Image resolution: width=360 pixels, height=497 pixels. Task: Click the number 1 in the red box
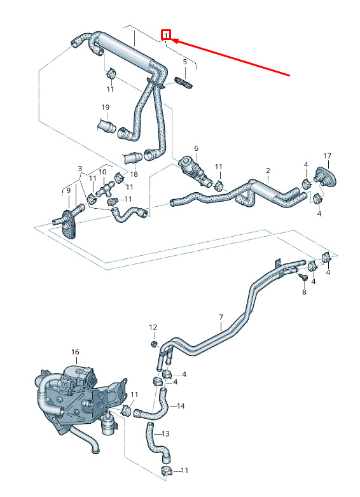click(x=166, y=35)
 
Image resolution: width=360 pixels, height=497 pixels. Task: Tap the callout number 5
click(x=185, y=62)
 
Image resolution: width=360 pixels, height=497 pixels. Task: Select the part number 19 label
click(x=105, y=108)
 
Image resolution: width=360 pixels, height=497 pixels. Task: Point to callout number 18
click(x=134, y=174)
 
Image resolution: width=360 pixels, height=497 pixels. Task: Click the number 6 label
click(x=197, y=148)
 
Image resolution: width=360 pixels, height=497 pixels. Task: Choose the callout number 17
click(x=328, y=156)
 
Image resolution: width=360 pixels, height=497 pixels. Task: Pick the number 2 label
click(x=268, y=171)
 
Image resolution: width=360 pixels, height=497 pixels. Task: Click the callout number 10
click(x=102, y=172)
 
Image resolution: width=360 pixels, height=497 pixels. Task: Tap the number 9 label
click(x=69, y=191)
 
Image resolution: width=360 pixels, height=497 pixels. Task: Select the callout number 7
click(x=221, y=317)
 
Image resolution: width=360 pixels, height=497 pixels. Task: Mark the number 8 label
click(x=304, y=292)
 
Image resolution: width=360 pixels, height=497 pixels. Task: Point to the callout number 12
click(x=153, y=327)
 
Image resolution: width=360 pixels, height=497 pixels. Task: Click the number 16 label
click(x=75, y=352)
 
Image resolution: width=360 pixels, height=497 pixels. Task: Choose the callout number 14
click(x=181, y=406)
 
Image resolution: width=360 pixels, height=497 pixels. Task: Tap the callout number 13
click(x=166, y=433)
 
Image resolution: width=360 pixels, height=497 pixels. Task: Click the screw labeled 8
click(x=303, y=277)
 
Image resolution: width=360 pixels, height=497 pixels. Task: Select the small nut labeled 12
click(x=154, y=344)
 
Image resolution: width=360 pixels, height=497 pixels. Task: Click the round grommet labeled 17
click(x=325, y=178)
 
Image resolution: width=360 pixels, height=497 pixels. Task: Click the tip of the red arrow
click(x=172, y=40)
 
